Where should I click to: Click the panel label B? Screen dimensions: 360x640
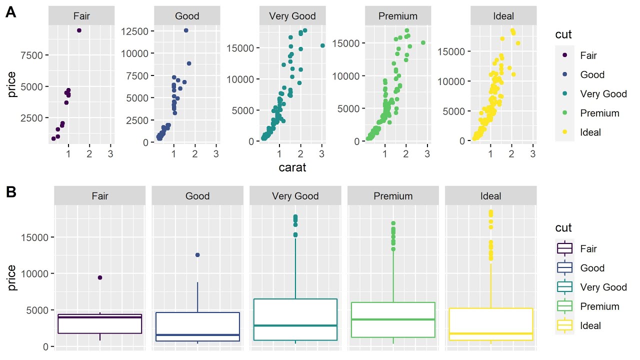click(x=11, y=192)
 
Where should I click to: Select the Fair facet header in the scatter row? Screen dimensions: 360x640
click(x=81, y=16)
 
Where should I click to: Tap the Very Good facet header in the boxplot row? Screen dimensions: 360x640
click(x=295, y=196)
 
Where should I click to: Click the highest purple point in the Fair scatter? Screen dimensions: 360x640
click(x=79, y=30)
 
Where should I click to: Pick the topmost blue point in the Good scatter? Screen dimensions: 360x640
click(x=186, y=30)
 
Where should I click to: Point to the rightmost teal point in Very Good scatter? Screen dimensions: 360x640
click(x=322, y=45)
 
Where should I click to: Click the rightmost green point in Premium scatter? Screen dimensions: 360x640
click(x=423, y=43)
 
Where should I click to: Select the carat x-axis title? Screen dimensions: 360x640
click(x=292, y=167)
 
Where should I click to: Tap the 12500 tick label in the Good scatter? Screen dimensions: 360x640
click(x=134, y=31)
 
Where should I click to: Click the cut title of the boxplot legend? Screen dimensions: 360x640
click(x=563, y=228)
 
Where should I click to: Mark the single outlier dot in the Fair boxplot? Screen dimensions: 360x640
click(x=100, y=277)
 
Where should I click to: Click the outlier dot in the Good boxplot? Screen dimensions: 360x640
click(x=197, y=255)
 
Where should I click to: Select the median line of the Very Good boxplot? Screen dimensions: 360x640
click(x=295, y=325)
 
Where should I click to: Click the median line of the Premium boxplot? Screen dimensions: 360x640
click(x=393, y=319)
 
